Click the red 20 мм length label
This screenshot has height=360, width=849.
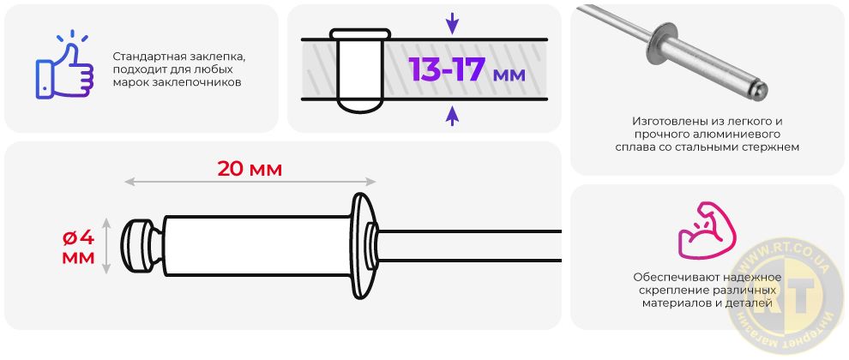click(250, 169)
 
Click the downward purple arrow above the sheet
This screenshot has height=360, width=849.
click(452, 23)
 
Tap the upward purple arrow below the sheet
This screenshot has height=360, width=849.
click(452, 116)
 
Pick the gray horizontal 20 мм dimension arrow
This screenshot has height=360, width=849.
click(250, 182)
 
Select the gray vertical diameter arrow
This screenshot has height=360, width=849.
click(106, 246)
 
